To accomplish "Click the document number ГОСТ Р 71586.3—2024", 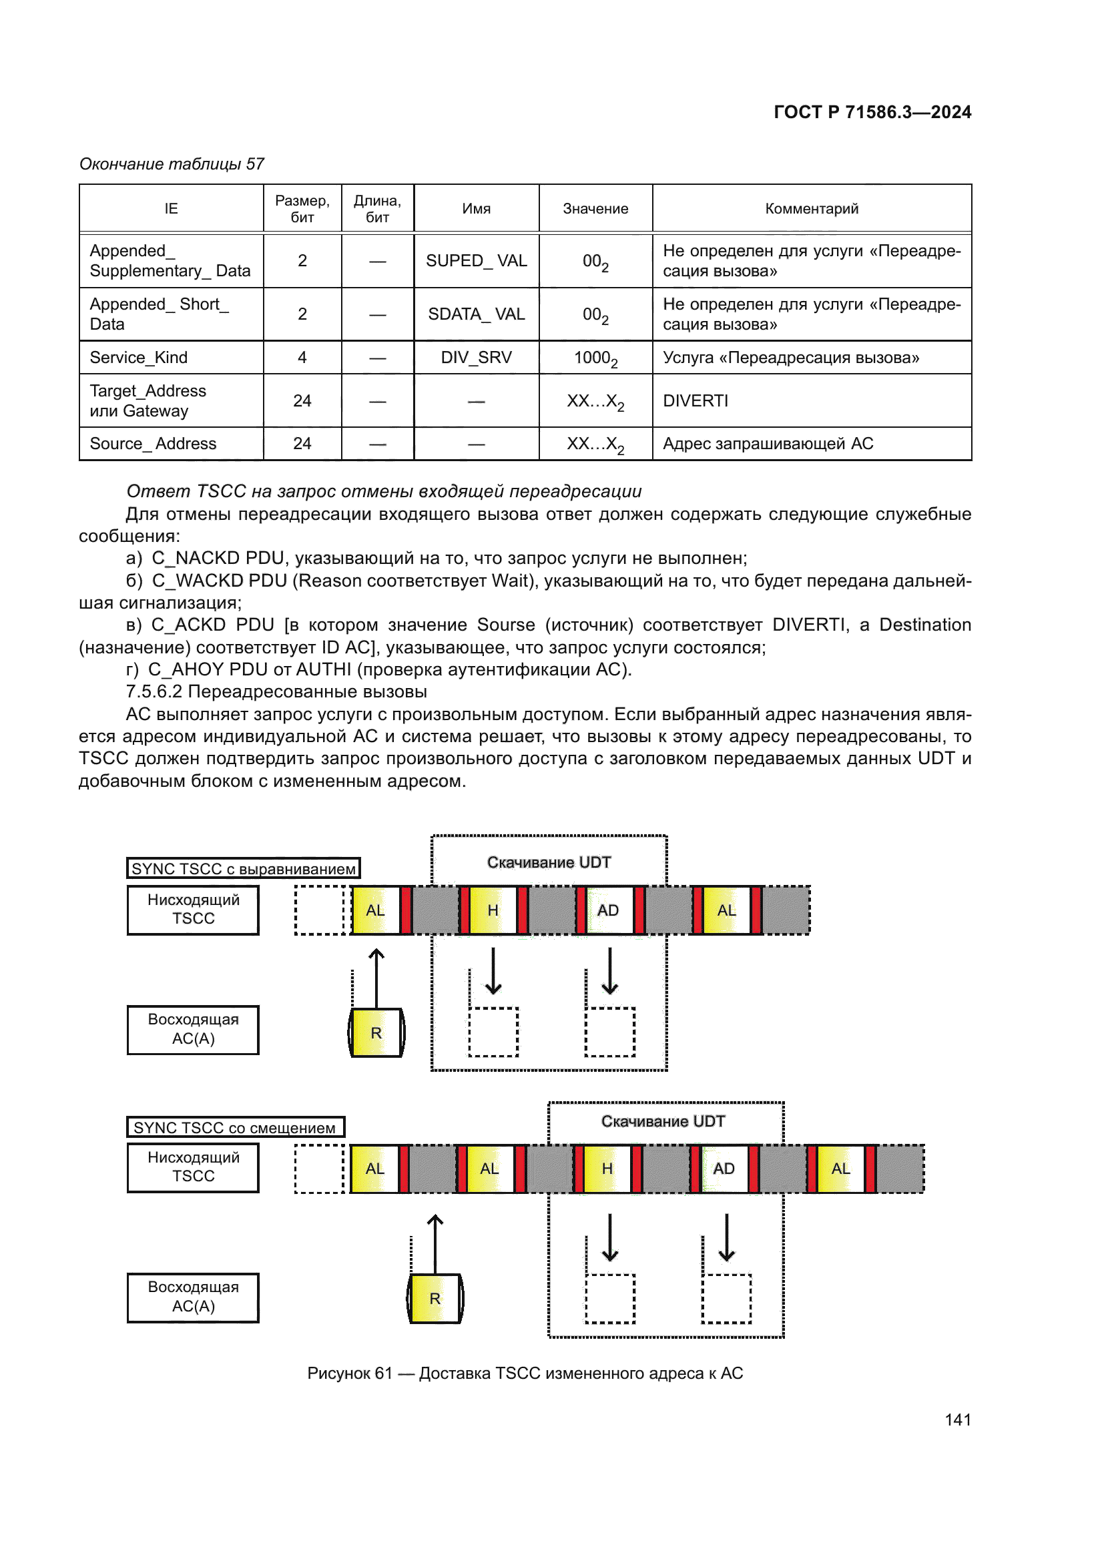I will pyautogui.click(x=872, y=112).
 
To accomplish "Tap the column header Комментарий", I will pyautogui.click(x=812, y=209).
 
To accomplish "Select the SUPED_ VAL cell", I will pyautogui.click(x=476, y=261).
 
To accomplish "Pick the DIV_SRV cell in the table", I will pyautogui.click(x=476, y=358).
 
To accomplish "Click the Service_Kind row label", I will pyautogui.click(x=139, y=358).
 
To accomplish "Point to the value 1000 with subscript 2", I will pyautogui.click(x=595, y=358).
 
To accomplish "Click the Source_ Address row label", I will pyautogui.click(x=153, y=444).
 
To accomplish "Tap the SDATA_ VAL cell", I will pyautogui.click(x=476, y=314).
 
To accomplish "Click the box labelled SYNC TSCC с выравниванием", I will pyautogui.click(x=244, y=869).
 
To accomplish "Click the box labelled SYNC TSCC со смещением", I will pyautogui.click(x=234, y=1128).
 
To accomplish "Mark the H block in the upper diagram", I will pyautogui.click(x=493, y=910).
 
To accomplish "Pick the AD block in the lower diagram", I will pyautogui.click(x=724, y=1169).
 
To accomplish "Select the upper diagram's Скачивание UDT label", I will pyautogui.click(x=549, y=863).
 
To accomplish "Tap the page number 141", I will pyautogui.click(x=957, y=1420).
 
